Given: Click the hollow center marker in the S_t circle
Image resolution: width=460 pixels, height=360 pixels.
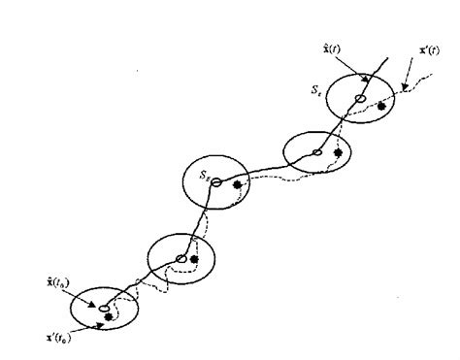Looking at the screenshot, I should (x=359, y=99).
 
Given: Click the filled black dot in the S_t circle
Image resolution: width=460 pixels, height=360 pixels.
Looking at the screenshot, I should (x=381, y=104).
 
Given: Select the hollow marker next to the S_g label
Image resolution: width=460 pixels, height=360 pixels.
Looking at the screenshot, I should (x=216, y=181).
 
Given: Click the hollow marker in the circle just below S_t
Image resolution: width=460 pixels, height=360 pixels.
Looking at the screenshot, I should (x=317, y=152).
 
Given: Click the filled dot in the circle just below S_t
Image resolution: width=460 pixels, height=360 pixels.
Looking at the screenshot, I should (x=338, y=152).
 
